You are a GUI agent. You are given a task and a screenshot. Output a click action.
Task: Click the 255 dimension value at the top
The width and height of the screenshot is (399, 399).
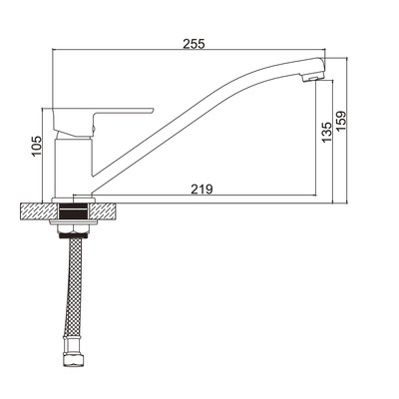194,44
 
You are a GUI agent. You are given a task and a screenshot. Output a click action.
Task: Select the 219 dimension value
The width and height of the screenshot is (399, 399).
201,190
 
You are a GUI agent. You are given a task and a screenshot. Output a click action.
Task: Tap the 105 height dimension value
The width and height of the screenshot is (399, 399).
36,146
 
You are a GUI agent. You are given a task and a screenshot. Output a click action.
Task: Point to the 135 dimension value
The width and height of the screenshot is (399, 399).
327,133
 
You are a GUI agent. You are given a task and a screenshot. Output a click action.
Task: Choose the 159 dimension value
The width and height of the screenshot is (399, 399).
341,121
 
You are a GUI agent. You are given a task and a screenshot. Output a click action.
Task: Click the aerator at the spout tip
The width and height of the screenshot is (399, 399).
311,78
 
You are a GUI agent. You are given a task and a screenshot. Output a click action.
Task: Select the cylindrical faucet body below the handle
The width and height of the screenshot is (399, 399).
73,168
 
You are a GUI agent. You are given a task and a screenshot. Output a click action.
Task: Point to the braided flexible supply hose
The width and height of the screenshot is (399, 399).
74,287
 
